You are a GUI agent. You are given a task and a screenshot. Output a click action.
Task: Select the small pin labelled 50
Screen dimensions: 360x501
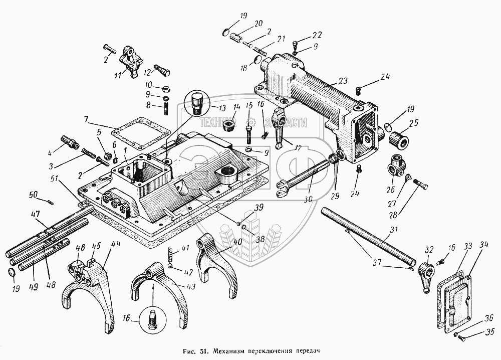tap(51, 202)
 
